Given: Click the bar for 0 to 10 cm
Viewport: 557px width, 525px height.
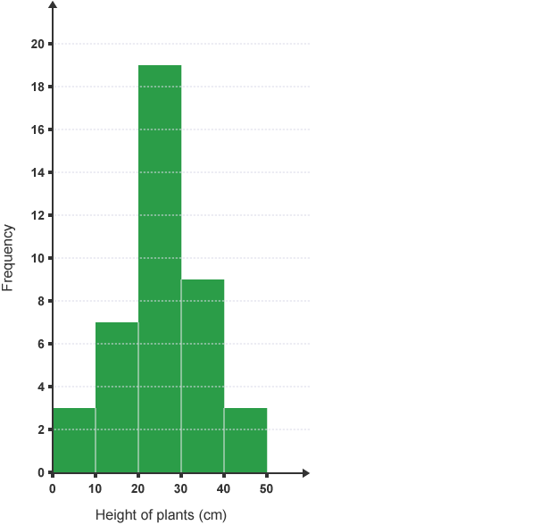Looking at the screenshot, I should (x=74, y=439).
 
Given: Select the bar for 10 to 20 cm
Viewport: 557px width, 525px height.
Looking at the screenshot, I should (x=117, y=397).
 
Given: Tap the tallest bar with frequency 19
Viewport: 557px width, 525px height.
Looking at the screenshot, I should (x=160, y=268).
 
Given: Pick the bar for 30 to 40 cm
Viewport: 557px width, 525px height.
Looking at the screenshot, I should (x=203, y=375).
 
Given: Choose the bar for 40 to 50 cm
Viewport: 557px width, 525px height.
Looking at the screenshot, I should (x=245, y=439).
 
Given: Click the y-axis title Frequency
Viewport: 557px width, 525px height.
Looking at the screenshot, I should (x=8, y=257).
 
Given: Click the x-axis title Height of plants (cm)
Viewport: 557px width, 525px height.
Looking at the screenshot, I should (x=161, y=514).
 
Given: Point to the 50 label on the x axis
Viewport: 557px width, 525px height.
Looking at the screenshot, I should (x=266, y=488).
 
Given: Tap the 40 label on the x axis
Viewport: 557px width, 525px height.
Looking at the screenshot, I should (x=223, y=488).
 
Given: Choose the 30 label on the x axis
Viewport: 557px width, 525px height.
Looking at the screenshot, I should (x=180, y=488).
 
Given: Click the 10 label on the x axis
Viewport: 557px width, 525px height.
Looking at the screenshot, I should (x=95, y=488).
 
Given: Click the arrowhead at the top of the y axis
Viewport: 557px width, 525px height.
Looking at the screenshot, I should (x=53, y=6).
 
